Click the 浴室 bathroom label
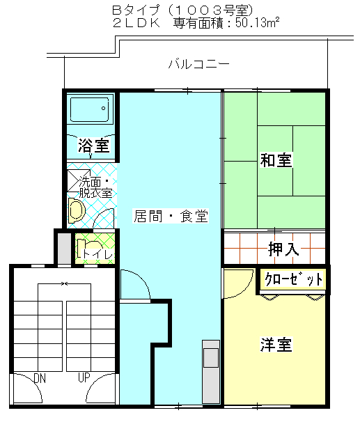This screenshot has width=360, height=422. tap(93, 146)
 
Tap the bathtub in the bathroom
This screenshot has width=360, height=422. tap(90, 109)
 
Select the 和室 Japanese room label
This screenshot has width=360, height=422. tap(276, 160)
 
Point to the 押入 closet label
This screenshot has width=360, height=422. tap(283, 249)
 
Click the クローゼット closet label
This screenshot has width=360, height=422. tap(294, 279)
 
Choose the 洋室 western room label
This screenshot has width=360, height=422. tap(276, 344)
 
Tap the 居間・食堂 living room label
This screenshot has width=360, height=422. tap(171, 216)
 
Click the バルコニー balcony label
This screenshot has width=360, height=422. tap(199, 64)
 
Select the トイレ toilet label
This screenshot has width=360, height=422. tap(97, 254)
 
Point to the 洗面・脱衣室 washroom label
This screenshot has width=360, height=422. tap(95, 187)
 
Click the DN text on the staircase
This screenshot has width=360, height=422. tap(40, 378)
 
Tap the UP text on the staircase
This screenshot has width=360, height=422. tap(84, 377)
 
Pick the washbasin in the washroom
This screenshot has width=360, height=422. tap(76, 211)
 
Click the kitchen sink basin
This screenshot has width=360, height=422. tap(211, 358)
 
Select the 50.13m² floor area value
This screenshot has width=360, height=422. tap(258, 23)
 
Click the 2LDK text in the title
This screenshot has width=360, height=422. tap(136, 23)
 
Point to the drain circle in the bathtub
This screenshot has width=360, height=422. tap(103, 109)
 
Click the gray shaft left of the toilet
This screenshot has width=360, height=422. tap(65, 249)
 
